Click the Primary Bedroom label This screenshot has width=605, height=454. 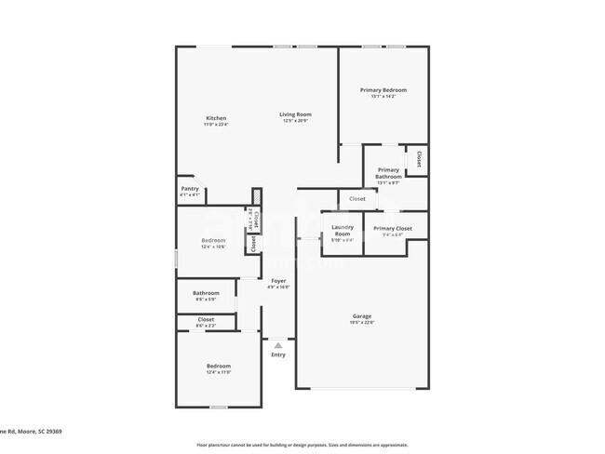[383, 90]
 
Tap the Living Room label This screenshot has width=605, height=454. [295, 114]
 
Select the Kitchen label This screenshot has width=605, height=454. [216, 118]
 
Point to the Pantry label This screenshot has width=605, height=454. [190, 189]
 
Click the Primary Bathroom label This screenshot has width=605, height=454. [388, 173]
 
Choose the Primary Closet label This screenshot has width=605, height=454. [392, 228]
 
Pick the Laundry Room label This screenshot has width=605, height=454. [343, 232]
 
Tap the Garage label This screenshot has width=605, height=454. [361, 316]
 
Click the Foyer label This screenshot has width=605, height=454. [278, 280]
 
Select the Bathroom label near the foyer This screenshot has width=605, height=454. [206, 293]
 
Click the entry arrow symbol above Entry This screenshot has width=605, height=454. [277, 345]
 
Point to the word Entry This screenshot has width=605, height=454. [278, 354]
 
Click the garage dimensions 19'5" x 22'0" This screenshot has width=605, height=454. [361, 323]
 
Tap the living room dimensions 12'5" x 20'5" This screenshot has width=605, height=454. [295, 121]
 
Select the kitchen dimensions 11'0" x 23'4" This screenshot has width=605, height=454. [216, 125]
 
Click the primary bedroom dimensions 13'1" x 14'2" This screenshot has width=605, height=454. [383, 97]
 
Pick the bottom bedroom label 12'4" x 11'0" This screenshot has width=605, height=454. [219, 372]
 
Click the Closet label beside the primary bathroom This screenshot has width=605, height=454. [419, 158]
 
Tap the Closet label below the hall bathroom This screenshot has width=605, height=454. [206, 320]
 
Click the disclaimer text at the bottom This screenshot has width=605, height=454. [302, 445]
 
